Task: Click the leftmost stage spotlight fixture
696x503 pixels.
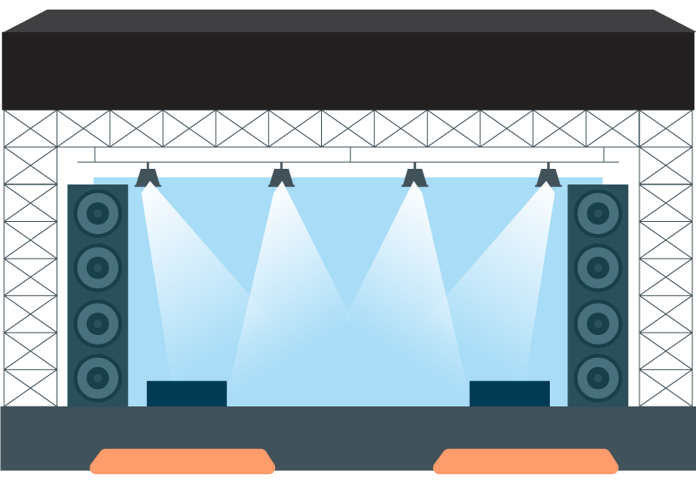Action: (148, 178)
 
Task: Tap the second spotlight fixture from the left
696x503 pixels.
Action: (281, 178)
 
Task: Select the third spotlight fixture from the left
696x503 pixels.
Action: (415, 178)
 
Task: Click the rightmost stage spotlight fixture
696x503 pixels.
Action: (548, 178)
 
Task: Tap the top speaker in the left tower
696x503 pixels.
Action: (97, 213)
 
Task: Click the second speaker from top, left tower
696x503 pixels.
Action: (97, 268)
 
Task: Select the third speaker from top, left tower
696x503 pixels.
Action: (97, 323)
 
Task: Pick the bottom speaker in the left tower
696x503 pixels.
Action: (97, 378)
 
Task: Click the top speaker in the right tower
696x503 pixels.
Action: (598, 213)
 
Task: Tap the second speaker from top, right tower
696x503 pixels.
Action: (598, 268)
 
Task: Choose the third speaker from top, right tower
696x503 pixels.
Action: (598, 323)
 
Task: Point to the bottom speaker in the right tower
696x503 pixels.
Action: (598, 378)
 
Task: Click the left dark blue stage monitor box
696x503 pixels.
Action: (186, 393)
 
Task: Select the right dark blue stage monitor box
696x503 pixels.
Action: (509, 393)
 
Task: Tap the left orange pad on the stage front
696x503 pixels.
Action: (183, 461)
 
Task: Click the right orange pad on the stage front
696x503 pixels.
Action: (525, 461)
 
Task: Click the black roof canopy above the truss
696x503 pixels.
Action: (348, 70)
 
